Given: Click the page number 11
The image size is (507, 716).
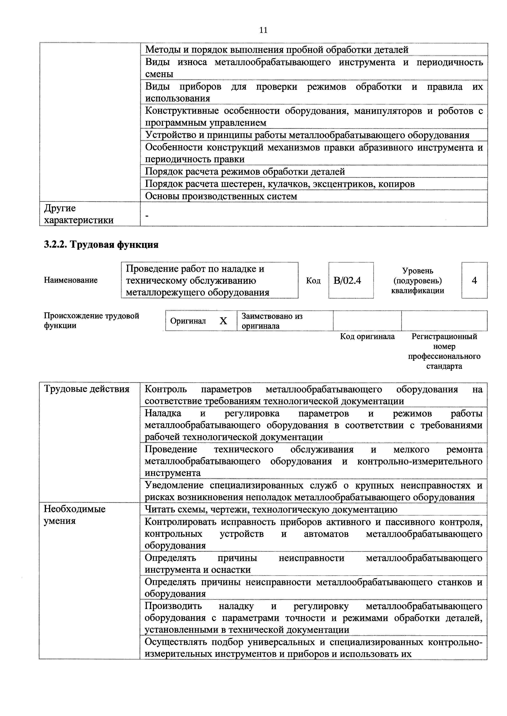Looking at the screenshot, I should pyautogui.click(x=263, y=30).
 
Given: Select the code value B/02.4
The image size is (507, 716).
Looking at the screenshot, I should pyautogui.click(x=347, y=281).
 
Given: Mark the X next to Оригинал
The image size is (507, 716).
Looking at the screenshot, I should pyautogui.click(x=223, y=321).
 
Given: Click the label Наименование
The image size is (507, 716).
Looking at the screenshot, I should pyautogui.click(x=71, y=280).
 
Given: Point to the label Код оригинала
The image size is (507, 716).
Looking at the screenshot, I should pyautogui.click(x=367, y=336).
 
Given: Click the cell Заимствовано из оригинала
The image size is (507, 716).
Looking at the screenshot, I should pyautogui.click(x=272, y=321).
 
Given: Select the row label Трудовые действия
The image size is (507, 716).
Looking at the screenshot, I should pyautogui.click(x=86, y=389).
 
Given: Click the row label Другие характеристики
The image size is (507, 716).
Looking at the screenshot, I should pyautogui.click(x=79, y=214).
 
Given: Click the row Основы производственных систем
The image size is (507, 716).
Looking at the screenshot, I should pyautogui.click(x=221, y=196).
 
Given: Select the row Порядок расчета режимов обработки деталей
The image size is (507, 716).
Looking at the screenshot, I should pyautogui.click(x=245, y=171).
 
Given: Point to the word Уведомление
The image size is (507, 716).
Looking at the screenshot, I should pyautogui.click(x=175, y=485).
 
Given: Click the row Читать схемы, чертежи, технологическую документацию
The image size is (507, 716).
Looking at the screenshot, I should pyautogui.click(x=271, y=510).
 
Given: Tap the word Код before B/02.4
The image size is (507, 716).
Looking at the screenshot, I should pyautogui.click(x=313, y=281).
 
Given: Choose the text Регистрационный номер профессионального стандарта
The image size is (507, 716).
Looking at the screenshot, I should pyautogui.click(x=444, y=351).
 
